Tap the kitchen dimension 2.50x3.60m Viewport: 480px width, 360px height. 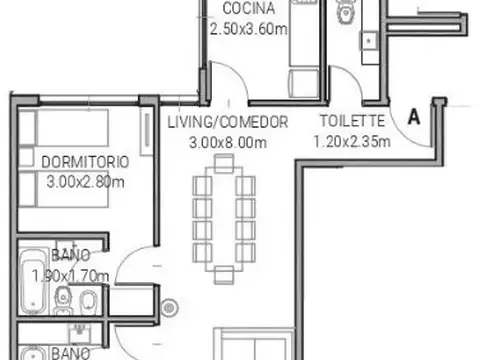(248, 28)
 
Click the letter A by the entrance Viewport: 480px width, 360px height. (413, 116)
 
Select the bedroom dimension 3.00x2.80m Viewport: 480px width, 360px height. (85, 181)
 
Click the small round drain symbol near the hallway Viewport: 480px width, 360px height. (168, 307)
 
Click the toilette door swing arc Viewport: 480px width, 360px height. (345, 82)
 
